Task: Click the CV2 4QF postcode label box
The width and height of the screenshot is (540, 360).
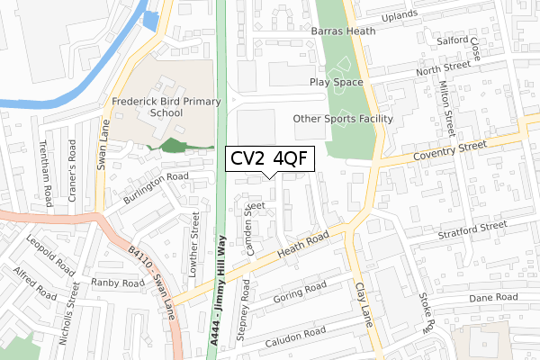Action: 269,159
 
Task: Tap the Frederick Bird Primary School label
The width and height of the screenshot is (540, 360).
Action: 160,108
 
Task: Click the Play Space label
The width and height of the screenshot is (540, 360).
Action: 336,82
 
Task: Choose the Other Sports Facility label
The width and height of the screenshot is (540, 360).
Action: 343,119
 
